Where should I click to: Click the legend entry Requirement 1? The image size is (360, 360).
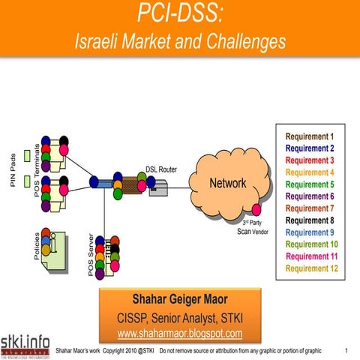point(309,136)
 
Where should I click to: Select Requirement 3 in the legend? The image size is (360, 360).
point(309,160)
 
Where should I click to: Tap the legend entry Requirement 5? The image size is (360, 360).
point(309,184)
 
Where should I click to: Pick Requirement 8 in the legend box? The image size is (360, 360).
point(309,220)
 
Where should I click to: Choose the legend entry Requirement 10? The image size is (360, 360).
point(309,244)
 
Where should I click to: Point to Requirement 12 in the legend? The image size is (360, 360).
point(309,268)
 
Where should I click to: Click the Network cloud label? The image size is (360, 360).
point(227,183)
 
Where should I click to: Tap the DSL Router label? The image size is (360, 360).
point(160,169)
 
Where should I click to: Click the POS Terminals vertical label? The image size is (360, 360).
point(37,171)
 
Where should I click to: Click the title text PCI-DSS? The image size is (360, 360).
point(180,13)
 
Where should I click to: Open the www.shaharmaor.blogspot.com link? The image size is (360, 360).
point(179,333)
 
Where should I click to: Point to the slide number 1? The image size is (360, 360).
point(346,350)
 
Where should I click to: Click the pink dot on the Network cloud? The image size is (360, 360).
point(256,209)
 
